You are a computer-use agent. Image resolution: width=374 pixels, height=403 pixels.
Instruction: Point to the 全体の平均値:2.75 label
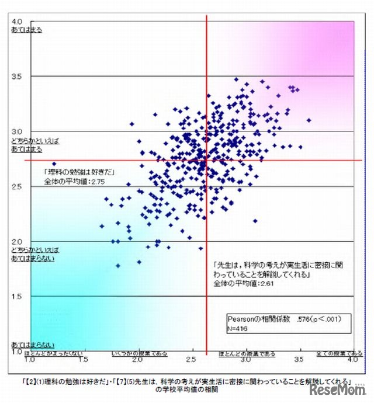[74, 182]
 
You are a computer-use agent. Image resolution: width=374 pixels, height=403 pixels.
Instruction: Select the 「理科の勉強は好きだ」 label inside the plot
[78, 173]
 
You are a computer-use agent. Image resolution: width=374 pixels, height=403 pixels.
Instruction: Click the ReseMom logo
[337, 390]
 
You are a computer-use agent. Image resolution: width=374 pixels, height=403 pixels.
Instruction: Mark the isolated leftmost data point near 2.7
[54, 164]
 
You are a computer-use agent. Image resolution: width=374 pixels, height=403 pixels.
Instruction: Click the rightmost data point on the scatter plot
[309, 120]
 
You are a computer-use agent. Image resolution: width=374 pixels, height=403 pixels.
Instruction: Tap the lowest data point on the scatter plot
[118, 266]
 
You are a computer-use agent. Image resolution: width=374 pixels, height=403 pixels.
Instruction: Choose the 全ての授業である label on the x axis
[339, 353]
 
